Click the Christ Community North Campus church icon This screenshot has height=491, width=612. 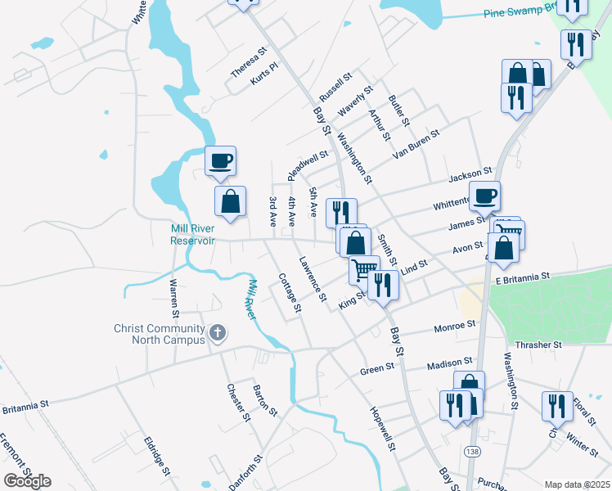tap(218, 332)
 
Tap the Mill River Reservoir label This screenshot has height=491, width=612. tap(192, 234)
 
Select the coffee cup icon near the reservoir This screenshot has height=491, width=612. tap(220, 160)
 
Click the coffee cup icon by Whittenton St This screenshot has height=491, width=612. tap(484, 195)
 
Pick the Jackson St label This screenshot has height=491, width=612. tap(470, 177)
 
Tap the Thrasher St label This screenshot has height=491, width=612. tap(538, 345)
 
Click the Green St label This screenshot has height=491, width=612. tap(377, 370)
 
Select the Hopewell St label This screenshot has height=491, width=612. tap(382, 430)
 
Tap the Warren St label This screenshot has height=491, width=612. tap(173, 297)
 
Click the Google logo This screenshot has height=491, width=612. tap(27, 480)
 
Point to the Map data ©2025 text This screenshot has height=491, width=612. tap(576, 484)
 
